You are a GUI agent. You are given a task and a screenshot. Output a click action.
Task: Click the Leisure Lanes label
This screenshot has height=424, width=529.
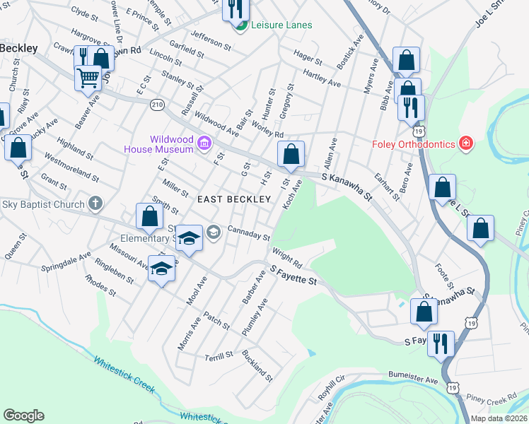click(x=281, y=25)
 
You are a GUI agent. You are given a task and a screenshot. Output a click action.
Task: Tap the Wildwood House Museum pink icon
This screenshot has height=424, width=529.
click(x=204, y=143)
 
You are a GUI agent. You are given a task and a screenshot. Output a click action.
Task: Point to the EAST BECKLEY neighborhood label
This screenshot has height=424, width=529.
click(x=234, y=199)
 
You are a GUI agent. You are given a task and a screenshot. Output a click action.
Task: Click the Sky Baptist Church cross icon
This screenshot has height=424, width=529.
click(x=95, y=204)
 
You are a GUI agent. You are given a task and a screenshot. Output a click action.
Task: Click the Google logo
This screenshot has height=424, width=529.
click(x=23, y=416)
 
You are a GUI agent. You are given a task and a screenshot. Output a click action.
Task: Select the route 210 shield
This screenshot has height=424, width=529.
click(x=157, y=104)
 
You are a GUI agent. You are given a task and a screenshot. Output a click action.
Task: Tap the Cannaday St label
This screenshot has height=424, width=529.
click(x=248, y=232)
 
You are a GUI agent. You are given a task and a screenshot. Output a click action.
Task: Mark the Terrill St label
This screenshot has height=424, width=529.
click(x=218, y=357)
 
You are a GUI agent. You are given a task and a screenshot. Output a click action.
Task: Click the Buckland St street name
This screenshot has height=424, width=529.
click(x=257, y=365)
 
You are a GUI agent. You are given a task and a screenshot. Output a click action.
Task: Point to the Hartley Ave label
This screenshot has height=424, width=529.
click(x=322, y=78)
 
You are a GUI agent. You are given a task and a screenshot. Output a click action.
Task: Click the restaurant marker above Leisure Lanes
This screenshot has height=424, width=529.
click(x=236, y=8)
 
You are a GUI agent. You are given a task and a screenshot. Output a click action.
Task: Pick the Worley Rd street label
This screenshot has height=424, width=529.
click(x=268, y=129)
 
